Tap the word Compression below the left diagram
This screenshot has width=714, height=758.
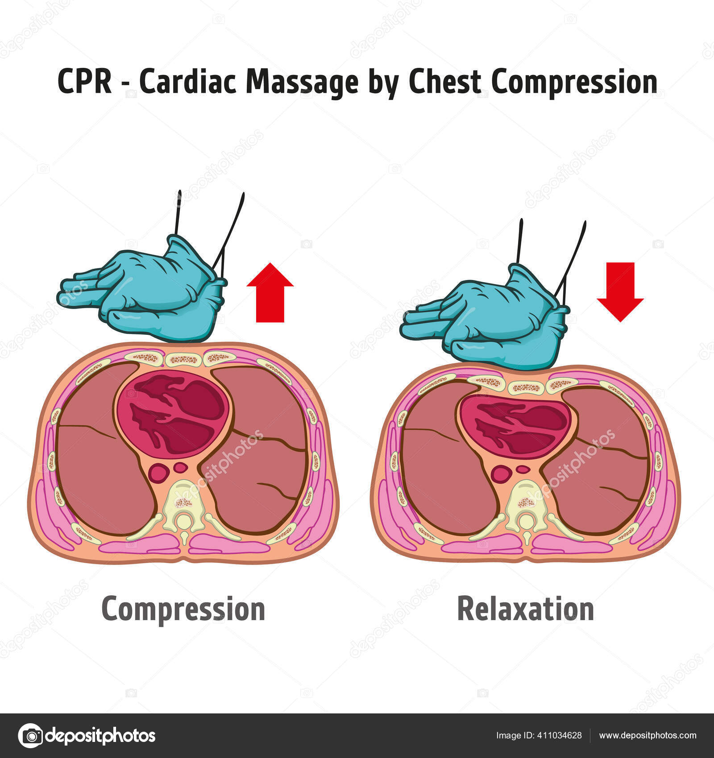(x=183, y=609)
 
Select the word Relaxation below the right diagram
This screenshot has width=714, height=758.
(x=525, y=609)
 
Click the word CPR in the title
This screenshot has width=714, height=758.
(x=85, y=82)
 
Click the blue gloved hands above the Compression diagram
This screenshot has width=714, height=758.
(x=147, y=294)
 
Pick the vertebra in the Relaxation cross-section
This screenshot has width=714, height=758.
(x=527, y=506)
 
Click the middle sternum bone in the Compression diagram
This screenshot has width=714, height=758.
(x=183, y=358)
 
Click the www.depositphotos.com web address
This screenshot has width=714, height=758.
(x=648, y=735)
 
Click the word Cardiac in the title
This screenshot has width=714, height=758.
(x=187, y=82)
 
